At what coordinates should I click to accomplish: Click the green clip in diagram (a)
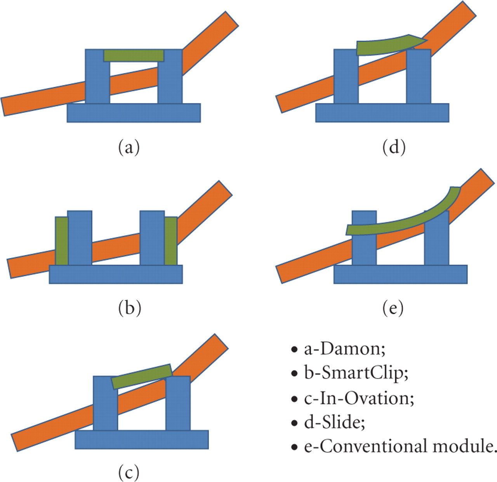[x=134, y=55]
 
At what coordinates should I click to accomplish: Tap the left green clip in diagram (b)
[x=61, y=241]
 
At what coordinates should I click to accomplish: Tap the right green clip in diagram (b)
[x=171, y=241]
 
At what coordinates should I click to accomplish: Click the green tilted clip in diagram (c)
[x=142, y=376]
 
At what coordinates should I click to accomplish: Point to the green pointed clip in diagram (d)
[x=388, y=45]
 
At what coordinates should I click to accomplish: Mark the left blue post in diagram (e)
[x=364, y=249]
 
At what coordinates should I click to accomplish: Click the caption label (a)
[x=129, y=147]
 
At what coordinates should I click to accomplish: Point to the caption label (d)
[x=394, y=147]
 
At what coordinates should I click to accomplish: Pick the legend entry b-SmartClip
[x=356, y=373]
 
